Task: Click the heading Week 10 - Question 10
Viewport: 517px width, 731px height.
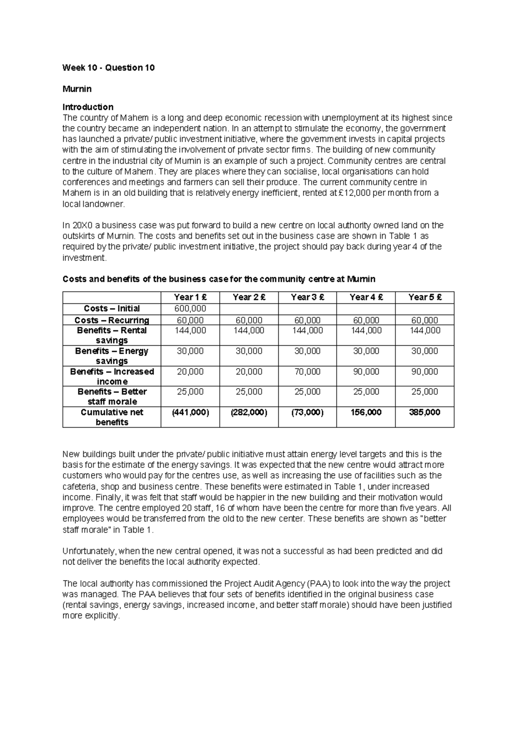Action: point(108,68)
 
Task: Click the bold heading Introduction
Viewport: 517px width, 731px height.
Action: point(88,107)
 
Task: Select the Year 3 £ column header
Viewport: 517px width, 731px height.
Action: point(307,297)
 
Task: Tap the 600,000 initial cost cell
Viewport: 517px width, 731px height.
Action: point(190,309)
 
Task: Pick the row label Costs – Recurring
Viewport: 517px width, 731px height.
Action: point(112,320)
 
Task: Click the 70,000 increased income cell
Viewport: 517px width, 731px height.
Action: point(307,372)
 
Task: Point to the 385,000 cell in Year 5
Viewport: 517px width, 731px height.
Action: point(424,412)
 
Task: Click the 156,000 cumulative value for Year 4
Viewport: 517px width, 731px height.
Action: point(366,412)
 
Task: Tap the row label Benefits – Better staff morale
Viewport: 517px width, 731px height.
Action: point(112,397)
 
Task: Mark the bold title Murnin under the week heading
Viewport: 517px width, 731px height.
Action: point(77,89)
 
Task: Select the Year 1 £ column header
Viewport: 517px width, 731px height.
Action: point(190,297)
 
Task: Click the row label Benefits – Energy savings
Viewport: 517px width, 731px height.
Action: point(112,356)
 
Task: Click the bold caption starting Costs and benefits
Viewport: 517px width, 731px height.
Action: point(219,279)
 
